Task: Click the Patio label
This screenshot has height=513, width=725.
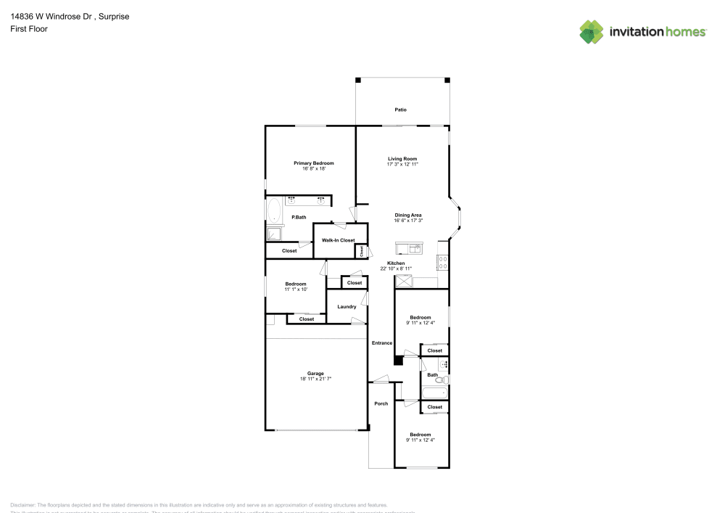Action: click(x=400, y=110)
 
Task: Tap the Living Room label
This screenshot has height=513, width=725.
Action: click(x=402, y=159)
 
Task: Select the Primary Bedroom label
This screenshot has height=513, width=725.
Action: click(x=313, y=163)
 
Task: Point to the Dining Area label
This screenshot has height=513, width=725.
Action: click(x=408, y=215)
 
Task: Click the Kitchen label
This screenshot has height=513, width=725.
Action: click(x=396, y=263)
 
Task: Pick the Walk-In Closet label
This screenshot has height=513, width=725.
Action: click(x=339, y=240)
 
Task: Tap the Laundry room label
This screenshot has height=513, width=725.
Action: click(x=347, y=307)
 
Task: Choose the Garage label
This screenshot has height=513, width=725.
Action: click(x=315, y=373)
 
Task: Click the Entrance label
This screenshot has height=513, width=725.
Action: click(x=382, y=343)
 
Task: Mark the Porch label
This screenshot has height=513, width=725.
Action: click(x=381, y=403)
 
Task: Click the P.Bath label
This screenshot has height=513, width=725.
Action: click(x=297, y=217)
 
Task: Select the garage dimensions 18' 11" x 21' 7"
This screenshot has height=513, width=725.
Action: click(x=315, y=379)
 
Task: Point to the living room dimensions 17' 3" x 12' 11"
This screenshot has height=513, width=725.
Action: click(x=402, y=165)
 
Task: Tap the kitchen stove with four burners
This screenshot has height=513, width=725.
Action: click(x=442, y=263)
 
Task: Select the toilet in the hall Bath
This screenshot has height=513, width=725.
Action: click(x=445, y=379)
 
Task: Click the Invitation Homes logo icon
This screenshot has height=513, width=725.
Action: click(x=592, y=31)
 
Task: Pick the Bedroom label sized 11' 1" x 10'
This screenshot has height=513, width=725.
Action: click(x=296, y=284)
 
